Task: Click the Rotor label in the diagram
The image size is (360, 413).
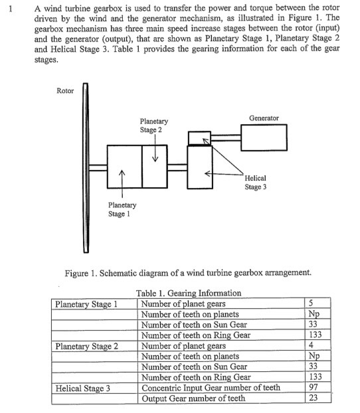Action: pyautogui.click(x=66, y=90)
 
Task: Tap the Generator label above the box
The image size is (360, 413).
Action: pyautogui.click(x=264, y=118)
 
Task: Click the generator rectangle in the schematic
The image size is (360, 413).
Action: pyautogui.click(x=264, y=139)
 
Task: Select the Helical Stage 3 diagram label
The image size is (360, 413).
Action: pyautogui.click(x=256, y=183)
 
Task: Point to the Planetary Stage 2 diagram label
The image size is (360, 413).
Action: pyautogui.click(x=154, y=125)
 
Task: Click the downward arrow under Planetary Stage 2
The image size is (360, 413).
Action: pyautogui.click(x=155, y=154)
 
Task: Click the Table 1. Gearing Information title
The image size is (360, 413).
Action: pyautogui.click(x=188, y=293)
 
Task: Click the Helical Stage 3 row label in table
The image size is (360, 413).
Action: pyautogui.click(x=83, y=388)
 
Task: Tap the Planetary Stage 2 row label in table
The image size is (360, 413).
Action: pyautogui.click(x=87, y=346)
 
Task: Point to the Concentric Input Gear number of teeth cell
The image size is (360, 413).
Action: pyautogui.click(x=211, y=387)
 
